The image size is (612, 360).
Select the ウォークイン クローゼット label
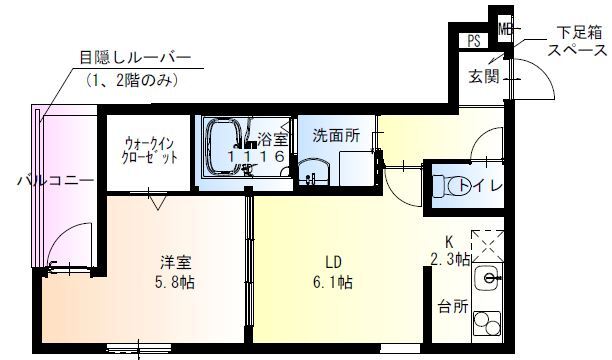pos(152,150)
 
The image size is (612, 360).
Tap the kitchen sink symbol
pos(489,278)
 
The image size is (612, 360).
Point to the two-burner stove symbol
pos(489,328)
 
